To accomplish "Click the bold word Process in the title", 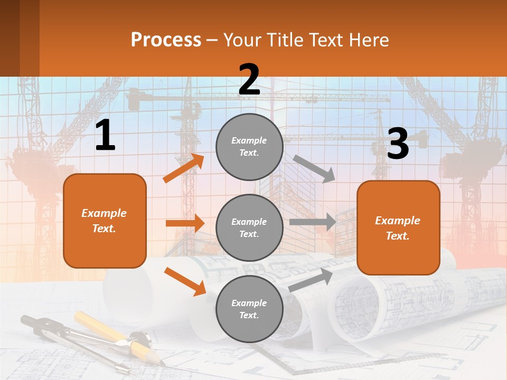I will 166,40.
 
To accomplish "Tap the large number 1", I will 105,136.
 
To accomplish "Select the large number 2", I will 249,80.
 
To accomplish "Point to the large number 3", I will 398,144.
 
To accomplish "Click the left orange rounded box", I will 105,221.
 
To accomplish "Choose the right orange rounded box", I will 398,227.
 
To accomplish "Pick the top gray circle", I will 249,147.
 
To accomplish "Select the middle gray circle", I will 249,227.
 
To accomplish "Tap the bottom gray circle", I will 249,309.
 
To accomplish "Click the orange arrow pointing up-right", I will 184,168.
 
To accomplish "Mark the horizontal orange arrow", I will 185,223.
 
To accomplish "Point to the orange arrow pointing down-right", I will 185,281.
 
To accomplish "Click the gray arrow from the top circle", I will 314,168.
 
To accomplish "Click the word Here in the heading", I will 369,40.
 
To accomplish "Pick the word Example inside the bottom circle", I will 249,303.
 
